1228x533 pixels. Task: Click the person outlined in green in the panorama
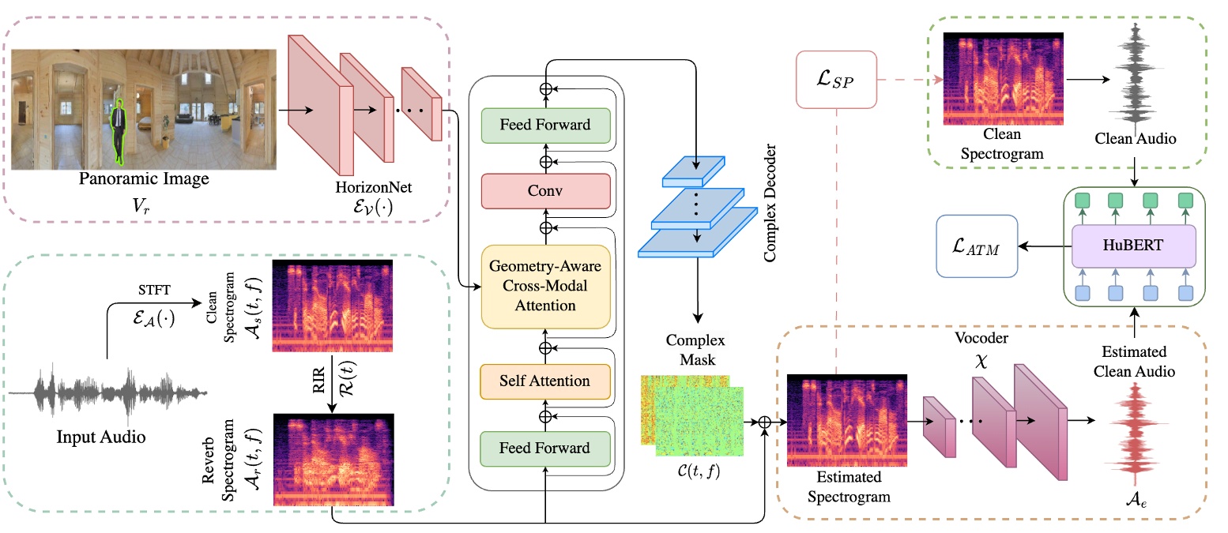tap(117, 129)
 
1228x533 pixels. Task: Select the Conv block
tap(546, 190)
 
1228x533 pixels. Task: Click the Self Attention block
tap(546, 381)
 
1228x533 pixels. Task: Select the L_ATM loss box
tap(978, 247)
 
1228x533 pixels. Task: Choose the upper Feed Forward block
tap(545, 125)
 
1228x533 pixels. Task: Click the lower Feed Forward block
tap(545, 448)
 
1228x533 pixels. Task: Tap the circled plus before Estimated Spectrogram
tap(764, 423)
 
